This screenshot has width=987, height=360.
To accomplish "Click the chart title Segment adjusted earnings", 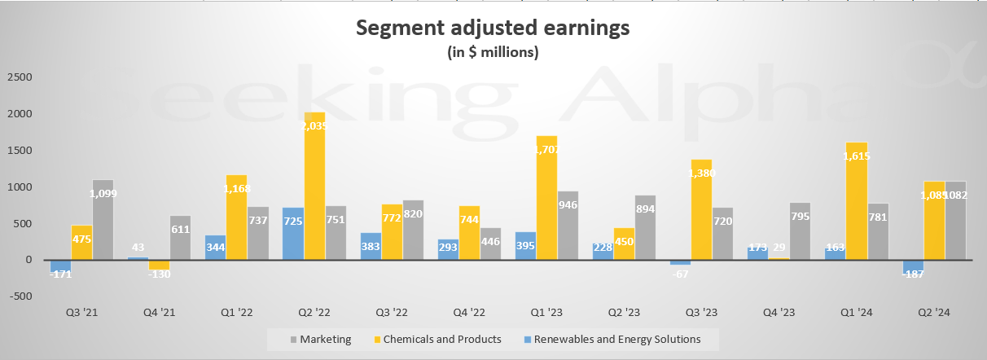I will [493, 29].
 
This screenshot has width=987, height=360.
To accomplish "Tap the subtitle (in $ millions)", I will [493, 53].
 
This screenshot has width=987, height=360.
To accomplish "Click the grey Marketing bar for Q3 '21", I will [103, 220].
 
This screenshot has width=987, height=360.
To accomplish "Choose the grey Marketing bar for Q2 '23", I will [645, 227].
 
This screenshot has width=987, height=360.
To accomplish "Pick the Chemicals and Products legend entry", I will [438, 338].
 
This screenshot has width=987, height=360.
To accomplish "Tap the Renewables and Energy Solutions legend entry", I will [612, 338].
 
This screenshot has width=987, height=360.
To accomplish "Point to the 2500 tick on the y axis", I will [20, 77].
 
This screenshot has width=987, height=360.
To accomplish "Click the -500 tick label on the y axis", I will [20, 296].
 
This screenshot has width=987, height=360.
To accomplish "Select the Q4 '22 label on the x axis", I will [467, 313].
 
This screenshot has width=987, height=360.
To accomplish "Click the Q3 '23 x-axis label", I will [700, 313].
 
